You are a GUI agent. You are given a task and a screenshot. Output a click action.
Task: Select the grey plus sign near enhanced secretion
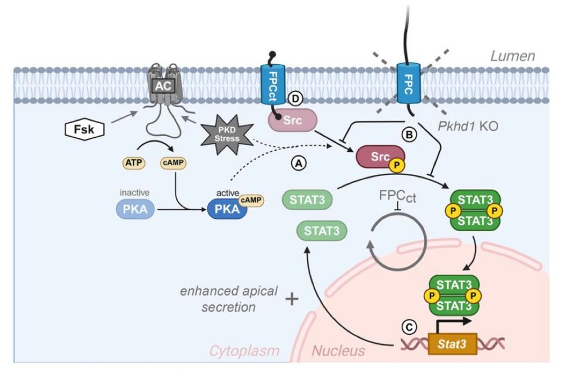[292, 298]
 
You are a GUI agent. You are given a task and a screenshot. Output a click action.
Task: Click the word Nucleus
[338, 351]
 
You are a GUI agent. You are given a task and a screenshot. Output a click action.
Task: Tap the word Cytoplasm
[244, 351]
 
